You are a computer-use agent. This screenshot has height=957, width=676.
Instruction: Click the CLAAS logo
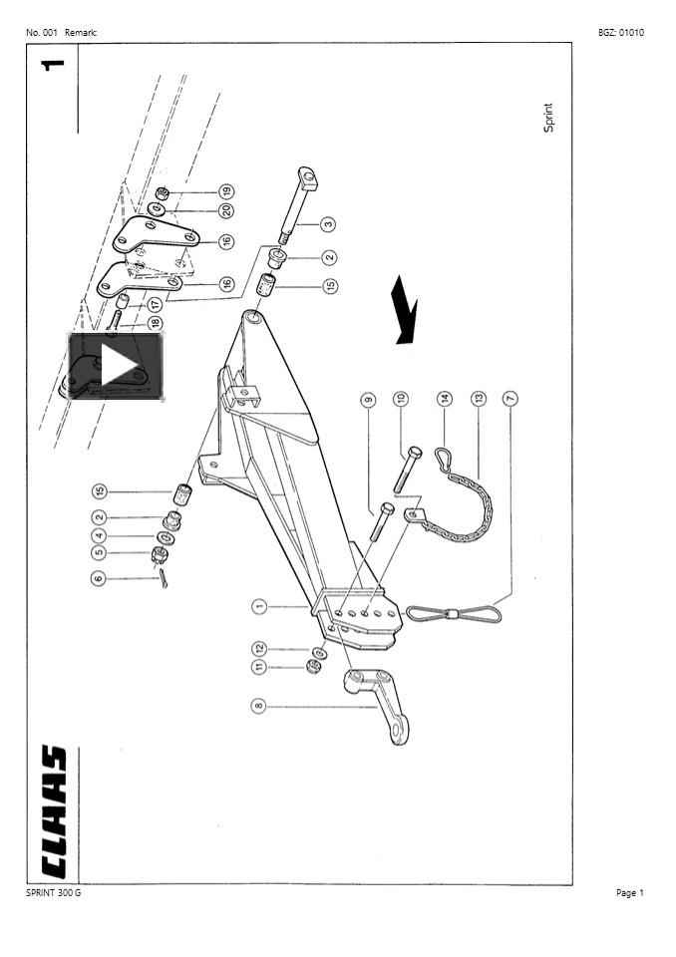click(x=52, y=811)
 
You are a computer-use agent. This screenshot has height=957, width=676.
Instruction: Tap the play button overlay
click(x=116, y=367)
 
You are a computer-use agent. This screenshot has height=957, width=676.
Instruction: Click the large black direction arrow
click(x=405, y=310)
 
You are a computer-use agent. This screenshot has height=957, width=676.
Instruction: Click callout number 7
click(x=510, y=399)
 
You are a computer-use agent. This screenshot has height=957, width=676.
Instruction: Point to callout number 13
click(x=479, y=399)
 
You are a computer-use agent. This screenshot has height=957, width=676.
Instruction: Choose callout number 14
click(x=446, y=399)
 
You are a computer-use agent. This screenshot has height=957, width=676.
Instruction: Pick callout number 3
click(x=328, y=225)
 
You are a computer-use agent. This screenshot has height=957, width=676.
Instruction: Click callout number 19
click(x=226, y=191)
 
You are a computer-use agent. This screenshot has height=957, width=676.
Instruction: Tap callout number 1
click(x=258, y=605)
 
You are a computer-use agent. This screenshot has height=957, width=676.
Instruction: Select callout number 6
click(x=98, y=577)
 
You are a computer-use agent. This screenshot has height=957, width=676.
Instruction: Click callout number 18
click(x=155, y=323)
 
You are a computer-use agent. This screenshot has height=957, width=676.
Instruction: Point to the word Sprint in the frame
click(x=547, y=118)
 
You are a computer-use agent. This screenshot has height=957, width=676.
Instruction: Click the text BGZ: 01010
click(x=620, y=32)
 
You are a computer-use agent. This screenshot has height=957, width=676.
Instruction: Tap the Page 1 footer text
click(x=630, y=892)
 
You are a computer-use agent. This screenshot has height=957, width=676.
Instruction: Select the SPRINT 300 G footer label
click(x=54, y=892)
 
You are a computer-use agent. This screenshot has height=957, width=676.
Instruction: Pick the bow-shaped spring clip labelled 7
click(x=454, y=612)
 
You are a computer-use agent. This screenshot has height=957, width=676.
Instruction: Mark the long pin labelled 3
click(x=296, y=209)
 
